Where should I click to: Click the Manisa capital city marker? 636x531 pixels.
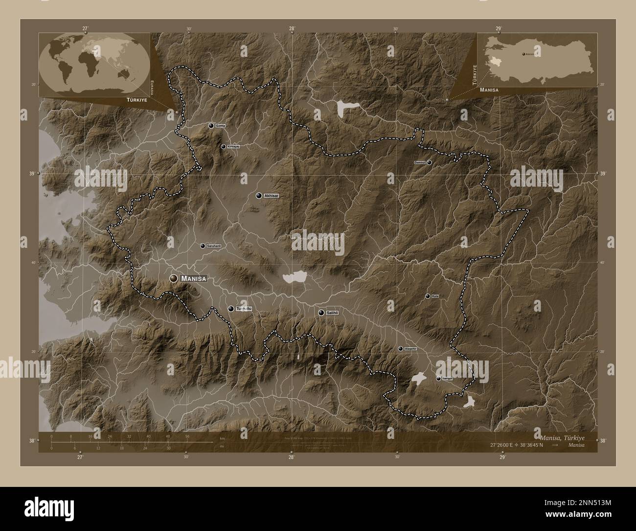click(173, 278)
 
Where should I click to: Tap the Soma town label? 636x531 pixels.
click(220, 126)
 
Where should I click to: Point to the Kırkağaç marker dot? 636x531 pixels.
click(224, 146)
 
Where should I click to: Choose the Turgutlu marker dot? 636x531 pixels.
click(231, 309)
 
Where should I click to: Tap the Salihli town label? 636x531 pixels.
click(333, 313)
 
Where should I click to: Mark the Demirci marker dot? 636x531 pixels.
click(430, 162)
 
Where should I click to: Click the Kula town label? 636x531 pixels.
click(435, 296)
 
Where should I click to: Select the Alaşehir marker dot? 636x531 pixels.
click(401, 349)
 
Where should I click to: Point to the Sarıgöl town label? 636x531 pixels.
click(448, 379)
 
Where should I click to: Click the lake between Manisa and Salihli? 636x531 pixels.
click(295, 278)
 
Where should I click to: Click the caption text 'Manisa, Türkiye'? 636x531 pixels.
click(563, 437)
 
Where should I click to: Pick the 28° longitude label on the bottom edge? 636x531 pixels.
click(291, 458)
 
